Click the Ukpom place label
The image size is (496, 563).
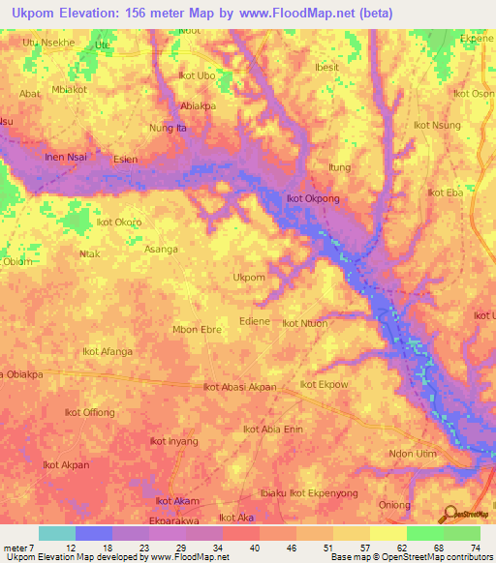(x=249, y=278)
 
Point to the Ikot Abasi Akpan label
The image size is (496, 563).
(x=239, y=387)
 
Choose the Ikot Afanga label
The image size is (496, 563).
(x=108, y=351)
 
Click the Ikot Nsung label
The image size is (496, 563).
(x=437, y=125)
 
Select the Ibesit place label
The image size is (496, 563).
(x=328, y=68)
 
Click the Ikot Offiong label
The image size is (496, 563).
(x=89, y=412)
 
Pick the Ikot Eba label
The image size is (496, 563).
(x=446, y=193)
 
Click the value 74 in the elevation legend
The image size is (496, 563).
(x=476, y=548)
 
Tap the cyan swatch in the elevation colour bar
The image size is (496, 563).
(x=56, y=533)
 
